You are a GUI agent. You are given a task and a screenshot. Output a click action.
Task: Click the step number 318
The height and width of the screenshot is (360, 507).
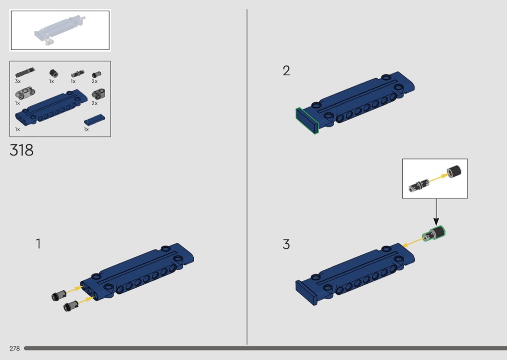point(21,150)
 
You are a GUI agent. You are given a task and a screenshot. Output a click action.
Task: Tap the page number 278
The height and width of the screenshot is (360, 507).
point(14,348)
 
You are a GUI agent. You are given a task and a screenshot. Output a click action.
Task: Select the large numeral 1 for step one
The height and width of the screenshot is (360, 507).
point(39,244)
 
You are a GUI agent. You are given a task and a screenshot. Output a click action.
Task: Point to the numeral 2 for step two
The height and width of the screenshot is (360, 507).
point(286,71)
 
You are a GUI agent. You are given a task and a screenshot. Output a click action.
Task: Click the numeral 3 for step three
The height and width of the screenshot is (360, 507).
point(286,244)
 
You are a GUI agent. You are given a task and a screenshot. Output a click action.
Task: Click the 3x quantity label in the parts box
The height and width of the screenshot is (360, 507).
point(18,82)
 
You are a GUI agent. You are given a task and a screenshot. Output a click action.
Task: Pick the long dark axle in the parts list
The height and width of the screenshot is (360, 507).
point(25,72)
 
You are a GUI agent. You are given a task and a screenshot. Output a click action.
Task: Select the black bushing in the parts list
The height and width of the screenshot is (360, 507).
point(54,73)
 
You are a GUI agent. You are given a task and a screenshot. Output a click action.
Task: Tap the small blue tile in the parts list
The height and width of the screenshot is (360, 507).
point(95,120)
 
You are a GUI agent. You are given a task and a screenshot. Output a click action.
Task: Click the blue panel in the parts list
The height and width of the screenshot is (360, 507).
point(51,107)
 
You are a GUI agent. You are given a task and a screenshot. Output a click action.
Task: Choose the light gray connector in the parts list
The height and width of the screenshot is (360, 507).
point(25,93)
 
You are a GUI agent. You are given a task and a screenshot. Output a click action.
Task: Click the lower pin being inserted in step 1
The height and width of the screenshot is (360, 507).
point(71,305)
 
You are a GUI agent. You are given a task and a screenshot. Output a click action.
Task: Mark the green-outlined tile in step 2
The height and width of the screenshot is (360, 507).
point(307,121)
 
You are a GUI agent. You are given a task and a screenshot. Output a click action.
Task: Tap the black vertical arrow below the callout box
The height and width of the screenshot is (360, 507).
point(436,212)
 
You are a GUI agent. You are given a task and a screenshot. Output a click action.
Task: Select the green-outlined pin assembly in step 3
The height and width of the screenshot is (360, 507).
point(434,234)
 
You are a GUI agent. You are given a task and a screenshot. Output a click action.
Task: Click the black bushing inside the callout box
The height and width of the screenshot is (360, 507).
point(454,171)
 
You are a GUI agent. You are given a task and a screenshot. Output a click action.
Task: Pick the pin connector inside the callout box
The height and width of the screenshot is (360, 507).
point(419,185)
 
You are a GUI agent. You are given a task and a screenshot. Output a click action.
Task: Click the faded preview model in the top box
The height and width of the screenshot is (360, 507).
point(60,30)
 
